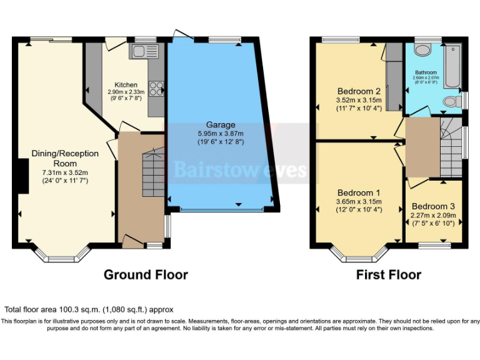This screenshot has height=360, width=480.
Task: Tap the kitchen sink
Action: coord(142,52)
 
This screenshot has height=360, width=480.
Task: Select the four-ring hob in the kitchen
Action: coord(156,89)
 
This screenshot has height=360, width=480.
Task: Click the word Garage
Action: coord(221,124)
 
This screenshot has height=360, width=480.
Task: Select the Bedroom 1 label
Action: coord(358,192)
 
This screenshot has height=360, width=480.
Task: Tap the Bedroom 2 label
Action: coord(359,91)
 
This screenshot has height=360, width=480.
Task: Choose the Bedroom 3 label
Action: coord(433,206)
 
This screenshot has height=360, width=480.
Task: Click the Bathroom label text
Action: coord(426,72)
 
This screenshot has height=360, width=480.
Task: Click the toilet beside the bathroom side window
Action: coord(451,101)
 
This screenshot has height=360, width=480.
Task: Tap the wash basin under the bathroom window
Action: coord(423,51)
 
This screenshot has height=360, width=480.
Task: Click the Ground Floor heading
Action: coord(146,274)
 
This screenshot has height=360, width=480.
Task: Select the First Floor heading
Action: coord(389,274)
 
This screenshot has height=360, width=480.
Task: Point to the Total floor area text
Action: coord(89,309)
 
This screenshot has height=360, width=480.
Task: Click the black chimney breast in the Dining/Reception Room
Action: coord(22,176)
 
